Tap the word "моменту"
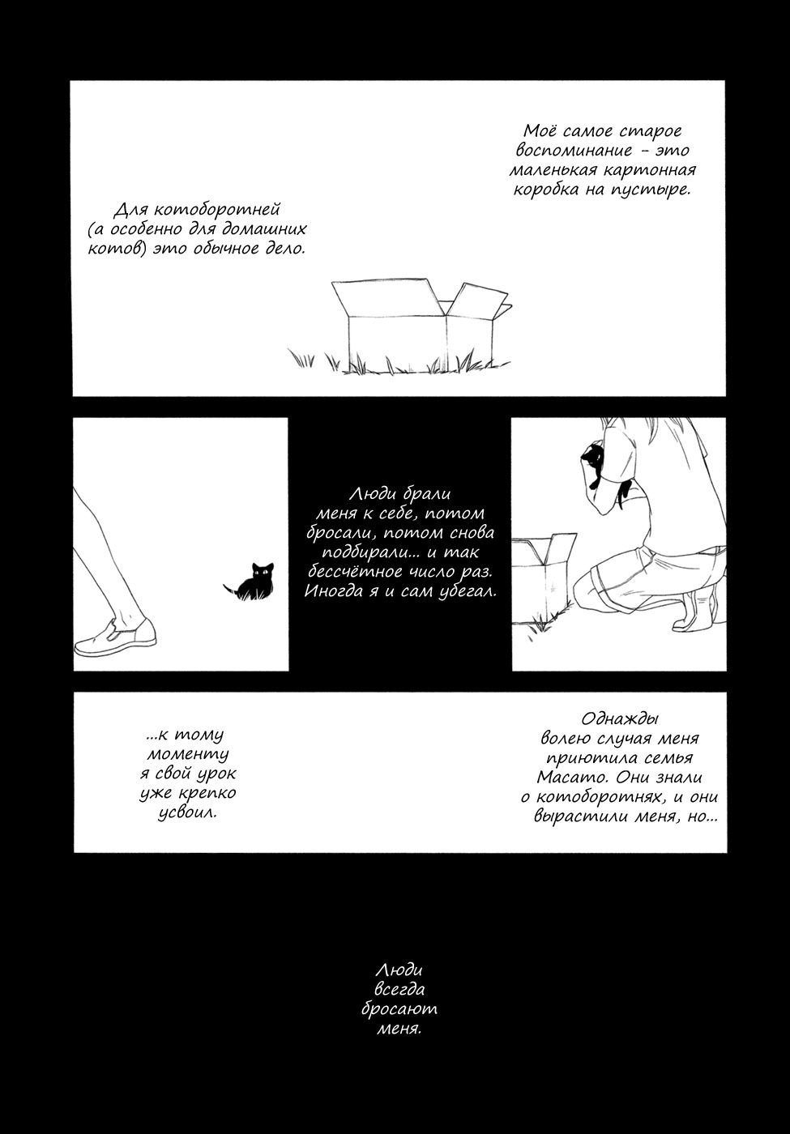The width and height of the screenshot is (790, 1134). point(187,754)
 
